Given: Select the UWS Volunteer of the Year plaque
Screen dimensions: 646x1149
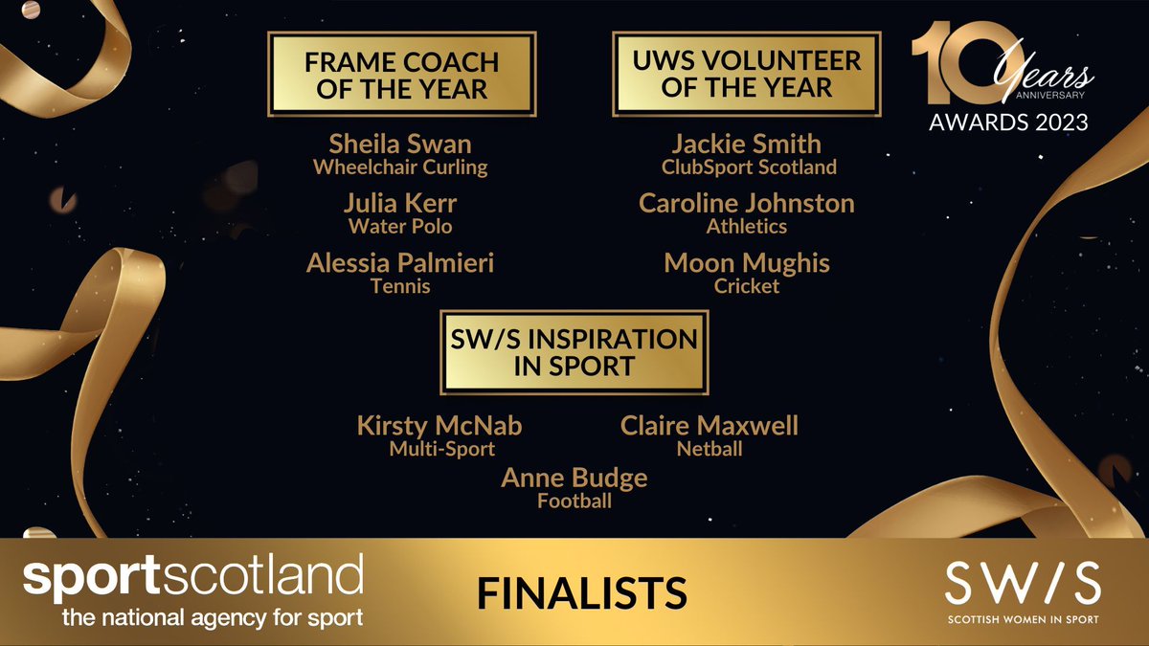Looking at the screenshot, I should coord(747,75).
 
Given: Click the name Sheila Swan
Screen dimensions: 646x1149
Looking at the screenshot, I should coord(400,145).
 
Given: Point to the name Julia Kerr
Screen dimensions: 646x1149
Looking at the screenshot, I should coord(400,204).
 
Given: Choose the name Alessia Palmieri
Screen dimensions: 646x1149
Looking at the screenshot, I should coord(400,263).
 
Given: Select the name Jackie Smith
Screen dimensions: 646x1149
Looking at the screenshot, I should coord(747,145).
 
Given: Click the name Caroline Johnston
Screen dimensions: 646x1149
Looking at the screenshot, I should coord(747,204).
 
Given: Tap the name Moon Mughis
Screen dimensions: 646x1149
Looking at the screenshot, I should coord(747,263).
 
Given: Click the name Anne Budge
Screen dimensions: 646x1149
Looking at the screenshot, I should coord(574,478).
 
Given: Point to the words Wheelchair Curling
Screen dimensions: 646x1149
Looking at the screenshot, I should coord(400,167).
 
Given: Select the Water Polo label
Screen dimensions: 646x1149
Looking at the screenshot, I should coord(400,227).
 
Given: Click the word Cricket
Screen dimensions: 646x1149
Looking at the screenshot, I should coord(747,286).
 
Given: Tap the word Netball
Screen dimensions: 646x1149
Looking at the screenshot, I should coord(709,448).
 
